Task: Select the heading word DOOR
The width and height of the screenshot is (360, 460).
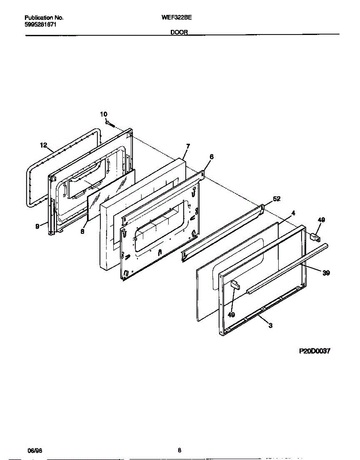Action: click(179, 33)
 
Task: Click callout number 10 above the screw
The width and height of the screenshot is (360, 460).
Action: click(104, 114)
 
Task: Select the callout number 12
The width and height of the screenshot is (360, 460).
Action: click(43, 145)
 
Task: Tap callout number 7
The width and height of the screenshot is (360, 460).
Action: click(188, 146)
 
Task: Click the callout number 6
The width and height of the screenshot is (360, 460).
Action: click(211, 156)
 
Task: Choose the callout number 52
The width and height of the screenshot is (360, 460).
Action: click(276, 199)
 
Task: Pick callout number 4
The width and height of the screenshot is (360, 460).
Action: click(293, 212)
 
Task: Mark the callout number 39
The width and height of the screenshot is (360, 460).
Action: click(326, 273)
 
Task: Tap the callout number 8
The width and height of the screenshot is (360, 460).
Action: click(82, 232)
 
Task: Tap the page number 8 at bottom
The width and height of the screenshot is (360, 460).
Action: click(179, 450)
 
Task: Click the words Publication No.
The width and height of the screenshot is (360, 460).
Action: click(44, 18)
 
